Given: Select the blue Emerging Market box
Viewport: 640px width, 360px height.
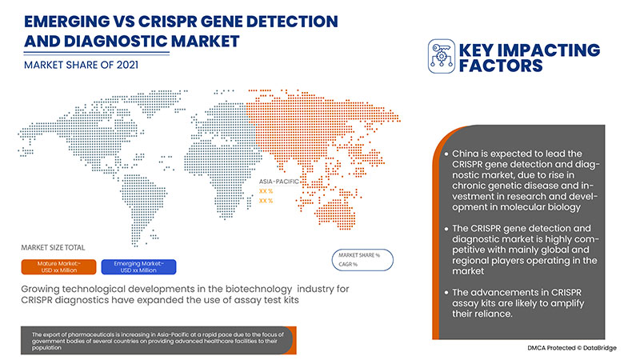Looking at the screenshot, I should click(x=150, y=266).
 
